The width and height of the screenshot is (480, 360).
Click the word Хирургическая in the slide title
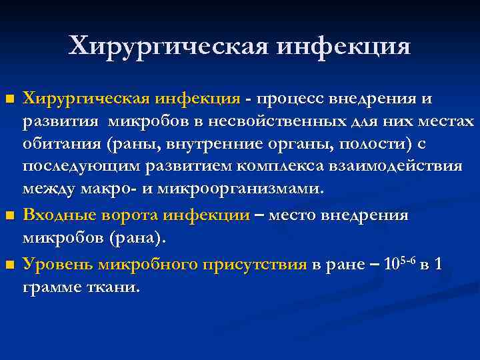169,46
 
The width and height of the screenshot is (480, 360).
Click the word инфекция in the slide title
344,46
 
